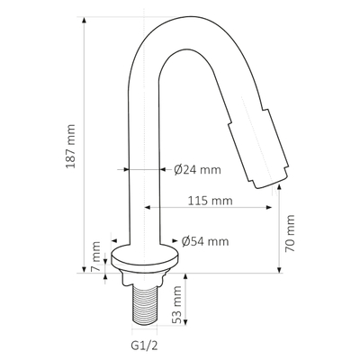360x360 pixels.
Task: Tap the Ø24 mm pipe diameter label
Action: click(x=197, y=168)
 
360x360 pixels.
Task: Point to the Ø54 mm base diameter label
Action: click(x=204, y=241)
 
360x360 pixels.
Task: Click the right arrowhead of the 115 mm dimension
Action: click(x=271, y=209)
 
